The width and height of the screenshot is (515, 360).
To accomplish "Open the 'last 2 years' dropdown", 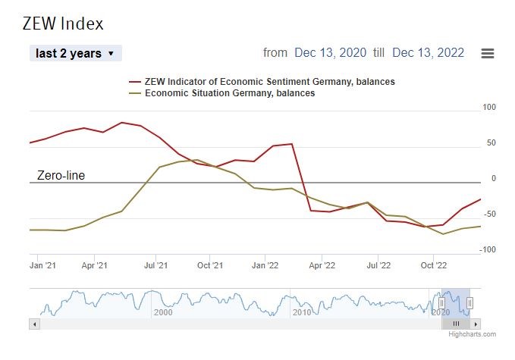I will click(x=76, y=53).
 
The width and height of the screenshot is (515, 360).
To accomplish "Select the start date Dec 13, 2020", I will click(x=330, y=53).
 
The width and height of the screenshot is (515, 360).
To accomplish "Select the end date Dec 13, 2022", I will click(x=429, y=53).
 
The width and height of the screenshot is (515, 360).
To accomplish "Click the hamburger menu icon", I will click(x=488, y=53).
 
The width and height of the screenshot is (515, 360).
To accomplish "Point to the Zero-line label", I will click(x=61, y=176).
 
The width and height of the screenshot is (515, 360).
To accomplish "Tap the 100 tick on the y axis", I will click(x=488, y=108).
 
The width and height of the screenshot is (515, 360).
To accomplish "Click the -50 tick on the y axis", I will click(x=488, y=214).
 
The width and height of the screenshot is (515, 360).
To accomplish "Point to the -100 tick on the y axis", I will click(x=487, y=250).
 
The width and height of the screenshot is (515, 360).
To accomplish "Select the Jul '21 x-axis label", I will click(x=156, y=266).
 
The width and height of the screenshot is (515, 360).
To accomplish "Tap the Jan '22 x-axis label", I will click(x=266, y=266).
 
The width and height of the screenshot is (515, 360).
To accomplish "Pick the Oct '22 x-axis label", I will click(x=433, y=266).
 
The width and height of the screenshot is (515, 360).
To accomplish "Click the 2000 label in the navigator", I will click(x=163, y=312).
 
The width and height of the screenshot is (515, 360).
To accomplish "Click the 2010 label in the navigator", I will click(x=302, y=312).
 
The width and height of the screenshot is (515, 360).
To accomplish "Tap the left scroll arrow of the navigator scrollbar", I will click(x=33, y=324).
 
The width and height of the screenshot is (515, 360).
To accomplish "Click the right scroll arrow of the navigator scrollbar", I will click(x=476, y=324).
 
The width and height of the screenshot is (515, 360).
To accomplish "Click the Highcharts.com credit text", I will click(x=472, y=334).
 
